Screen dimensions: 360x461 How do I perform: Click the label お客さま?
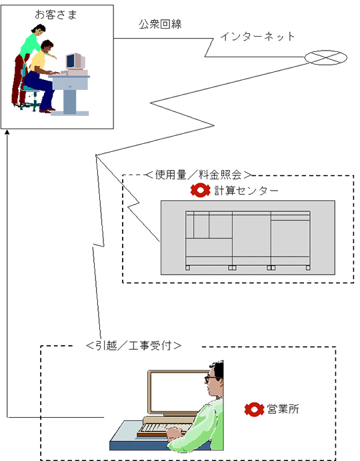(x=56, y=15)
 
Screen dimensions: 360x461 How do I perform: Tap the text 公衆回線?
(x=160, y=24)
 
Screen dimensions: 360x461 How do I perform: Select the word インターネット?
(x=257, y=37)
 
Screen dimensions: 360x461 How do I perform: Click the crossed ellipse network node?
(x=325, y=57)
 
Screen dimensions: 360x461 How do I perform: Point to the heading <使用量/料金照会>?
(x=199, y=175)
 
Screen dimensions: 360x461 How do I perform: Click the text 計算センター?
(x=246, y=191)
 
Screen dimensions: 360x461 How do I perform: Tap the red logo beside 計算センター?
(x=200, y=191)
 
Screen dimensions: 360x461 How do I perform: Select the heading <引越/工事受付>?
(x=133, y=346)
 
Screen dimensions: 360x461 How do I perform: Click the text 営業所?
(x=283, y=409)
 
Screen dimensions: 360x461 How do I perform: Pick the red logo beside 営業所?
(x=254, y=409)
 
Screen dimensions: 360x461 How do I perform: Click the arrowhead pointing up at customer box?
(x=7, y=132)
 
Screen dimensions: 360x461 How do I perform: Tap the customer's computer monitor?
(x=75, y=61)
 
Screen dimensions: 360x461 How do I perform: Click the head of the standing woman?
(x=39, y=30)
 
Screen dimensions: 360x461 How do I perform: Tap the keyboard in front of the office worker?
(x=166, y=428)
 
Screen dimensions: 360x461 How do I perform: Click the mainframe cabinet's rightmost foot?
(x=308, y=268)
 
